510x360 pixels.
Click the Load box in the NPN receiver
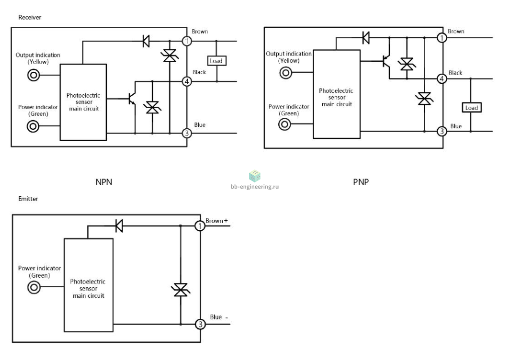pos(217,61)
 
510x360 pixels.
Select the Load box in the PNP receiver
pos(472,108)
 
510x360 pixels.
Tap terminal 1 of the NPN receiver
pos(187,41)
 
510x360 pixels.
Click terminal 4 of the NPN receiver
pos(187,81)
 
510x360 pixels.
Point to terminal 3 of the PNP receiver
pos(442,131)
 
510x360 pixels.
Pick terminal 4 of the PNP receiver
pos(442,79)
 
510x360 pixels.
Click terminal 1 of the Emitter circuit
pos(200,225)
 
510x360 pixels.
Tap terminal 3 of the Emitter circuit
pos(200,324)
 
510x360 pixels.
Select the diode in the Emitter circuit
pos(119,225)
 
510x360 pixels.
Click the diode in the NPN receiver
pos(146,41)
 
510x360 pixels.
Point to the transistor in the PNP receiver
pos(386,61)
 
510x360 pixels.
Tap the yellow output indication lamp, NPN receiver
pos(33,75)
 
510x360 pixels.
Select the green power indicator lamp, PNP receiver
pos(284,124)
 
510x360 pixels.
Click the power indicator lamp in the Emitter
pos(34,287)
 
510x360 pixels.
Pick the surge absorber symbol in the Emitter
pos(181,290)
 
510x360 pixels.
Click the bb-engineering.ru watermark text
pos(255,187)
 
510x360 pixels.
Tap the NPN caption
pos(104,182)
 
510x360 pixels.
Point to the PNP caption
pos(361,182)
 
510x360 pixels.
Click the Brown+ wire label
pos(216,221)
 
